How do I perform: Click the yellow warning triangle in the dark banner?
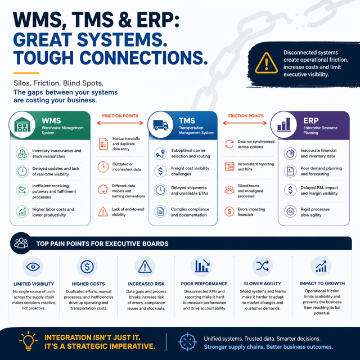click(x=266, y=64)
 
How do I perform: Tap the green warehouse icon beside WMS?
click(x=22, y=124)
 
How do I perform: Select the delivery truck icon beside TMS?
click(x=160, y=125)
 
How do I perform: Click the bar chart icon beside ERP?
click(x=283, y=124)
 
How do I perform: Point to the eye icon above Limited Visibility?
click(x=33, y=267)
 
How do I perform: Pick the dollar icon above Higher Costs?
click(x=87, y=267)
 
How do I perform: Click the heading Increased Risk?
click(x=146, y=284)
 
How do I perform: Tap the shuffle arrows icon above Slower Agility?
click(x=263, y=266)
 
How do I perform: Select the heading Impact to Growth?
click(x=322, y=283)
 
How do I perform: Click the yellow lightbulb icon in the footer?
click(x=28, y=341)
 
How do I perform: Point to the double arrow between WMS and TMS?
click(x=120, y=123)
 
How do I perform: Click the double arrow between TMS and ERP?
click(x=245, y=123)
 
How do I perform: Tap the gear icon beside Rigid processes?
click(x=290, y=211)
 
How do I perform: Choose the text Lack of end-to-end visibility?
click(x=128, y=212)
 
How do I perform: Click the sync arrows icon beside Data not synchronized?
click(x=229, y=144)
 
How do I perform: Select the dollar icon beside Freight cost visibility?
click(x=160, y=171)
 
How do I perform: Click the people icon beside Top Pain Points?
click(x=21, y=243)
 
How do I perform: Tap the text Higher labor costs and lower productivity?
click(x=53, y=212)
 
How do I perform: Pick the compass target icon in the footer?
click(x=187, y=342)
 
